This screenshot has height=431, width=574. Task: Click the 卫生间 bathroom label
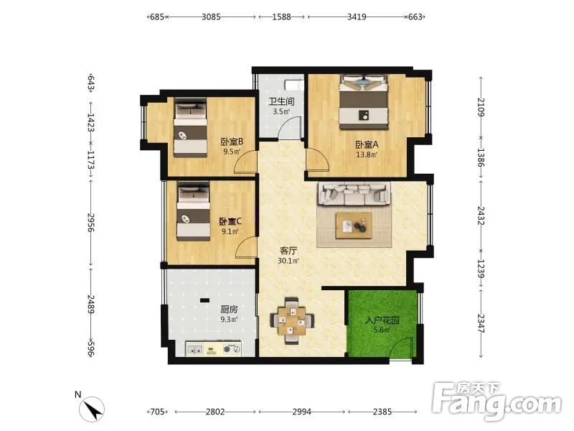click(x=281, y=101)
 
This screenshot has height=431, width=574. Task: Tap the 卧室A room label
click(x=367, y=144)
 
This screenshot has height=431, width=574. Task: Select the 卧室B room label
click(x=232, y=142)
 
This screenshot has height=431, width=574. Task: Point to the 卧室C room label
click(x=230, y=221)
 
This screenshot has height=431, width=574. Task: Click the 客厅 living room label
click(x=288, y=251)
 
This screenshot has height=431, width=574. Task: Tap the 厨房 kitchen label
click(x=229, y=310)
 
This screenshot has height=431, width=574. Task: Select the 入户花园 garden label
click(x=382, y=320)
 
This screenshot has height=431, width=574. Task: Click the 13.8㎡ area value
click(x=367, y=154)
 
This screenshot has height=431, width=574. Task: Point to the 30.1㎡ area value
click(x=288, y=261)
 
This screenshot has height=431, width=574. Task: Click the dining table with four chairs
click(x=291, y=320)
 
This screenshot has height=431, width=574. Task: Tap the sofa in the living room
click(x=354, y=193)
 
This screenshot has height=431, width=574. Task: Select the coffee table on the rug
click(x=354, y=226)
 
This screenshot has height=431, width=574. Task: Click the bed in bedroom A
click(x=363, y=102)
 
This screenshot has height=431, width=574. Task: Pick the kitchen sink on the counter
click(x=194, y=350)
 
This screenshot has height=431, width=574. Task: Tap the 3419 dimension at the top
click(x=357, y=17)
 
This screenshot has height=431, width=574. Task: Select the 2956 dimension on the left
click(x=91, y=223)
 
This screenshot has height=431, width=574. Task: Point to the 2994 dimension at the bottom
click(x=301, y=412)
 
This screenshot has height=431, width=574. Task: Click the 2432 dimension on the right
click(x=481, y=216)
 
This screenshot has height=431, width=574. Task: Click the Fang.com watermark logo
click(x=497, y=402)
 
